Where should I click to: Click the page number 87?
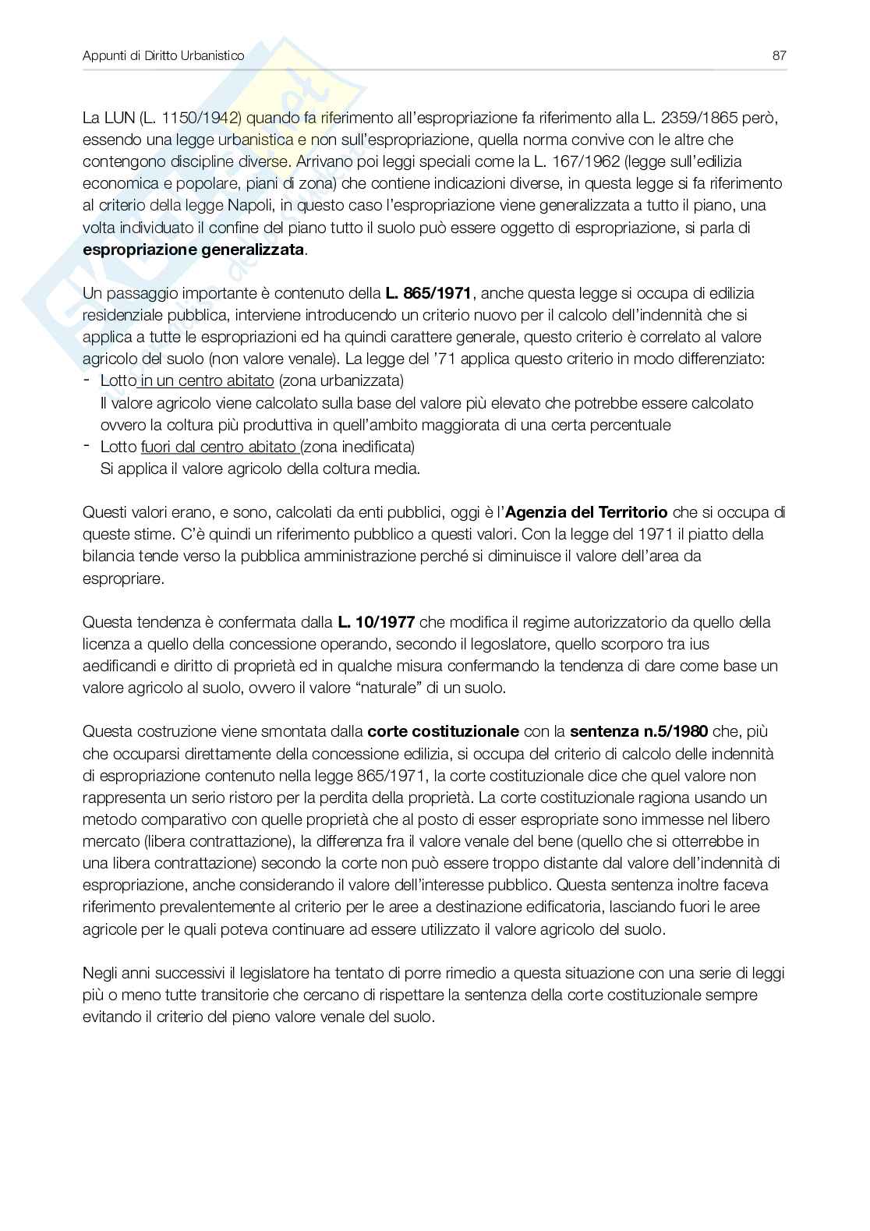(x=779, y=55)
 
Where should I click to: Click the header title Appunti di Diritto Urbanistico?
(x=163, y=55)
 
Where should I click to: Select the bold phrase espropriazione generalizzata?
(x=194, y=250)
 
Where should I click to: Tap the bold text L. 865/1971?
(x=428, y=294)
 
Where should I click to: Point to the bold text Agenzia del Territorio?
(x=586, y=512)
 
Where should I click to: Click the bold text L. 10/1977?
(x=376, y=622)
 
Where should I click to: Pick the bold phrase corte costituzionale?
(x=443, y=731)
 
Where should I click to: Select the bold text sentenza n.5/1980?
(x=638, y=731)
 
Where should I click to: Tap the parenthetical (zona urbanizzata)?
(x=341, y=381)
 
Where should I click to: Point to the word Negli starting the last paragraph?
(x=100, y=973)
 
